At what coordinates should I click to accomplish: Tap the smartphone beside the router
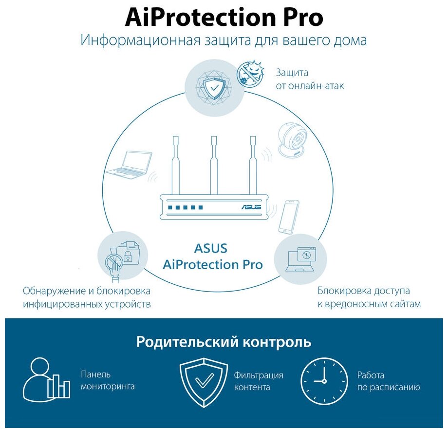pyautogui.click(x=288, y=216)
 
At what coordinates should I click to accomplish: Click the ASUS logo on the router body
pyautogui.click(x=251, y=207)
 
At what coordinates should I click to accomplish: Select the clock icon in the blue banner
pyautogui.click(x=324, y=381)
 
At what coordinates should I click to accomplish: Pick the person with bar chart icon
pyautogui.click(x=47, y=380)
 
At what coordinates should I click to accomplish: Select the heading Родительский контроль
pyautogui.click(x=224, y=341)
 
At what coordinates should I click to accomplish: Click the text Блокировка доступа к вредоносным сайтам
pyautogui.click(x=369, y=297)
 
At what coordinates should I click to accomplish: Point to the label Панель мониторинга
pyautogui.click(x=107, y=381)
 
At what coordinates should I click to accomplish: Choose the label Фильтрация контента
pyautogui.click(x=258, y=381)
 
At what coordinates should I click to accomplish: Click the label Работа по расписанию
pyautogui.click(x=388, y=381)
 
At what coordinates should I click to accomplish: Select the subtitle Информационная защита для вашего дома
pyautogui.click(x=224, y=40)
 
